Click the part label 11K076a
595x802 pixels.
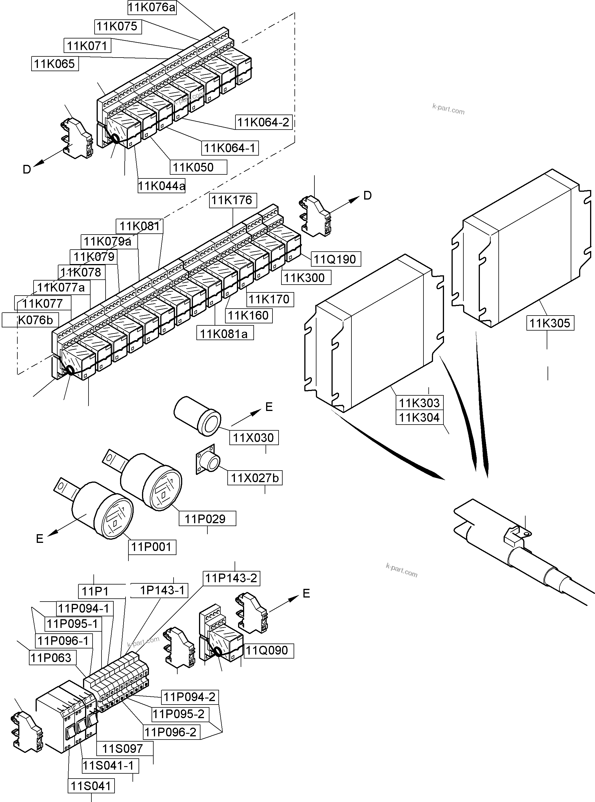152,8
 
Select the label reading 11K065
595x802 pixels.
55,64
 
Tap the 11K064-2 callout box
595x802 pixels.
263,122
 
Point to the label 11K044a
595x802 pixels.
162,186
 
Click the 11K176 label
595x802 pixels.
232,200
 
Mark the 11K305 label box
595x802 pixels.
550,323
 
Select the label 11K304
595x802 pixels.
419,418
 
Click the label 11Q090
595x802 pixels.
267,650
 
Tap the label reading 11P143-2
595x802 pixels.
231,578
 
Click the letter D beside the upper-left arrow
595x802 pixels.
27,169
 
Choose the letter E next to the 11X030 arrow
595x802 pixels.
269,407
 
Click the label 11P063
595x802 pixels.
51,658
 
